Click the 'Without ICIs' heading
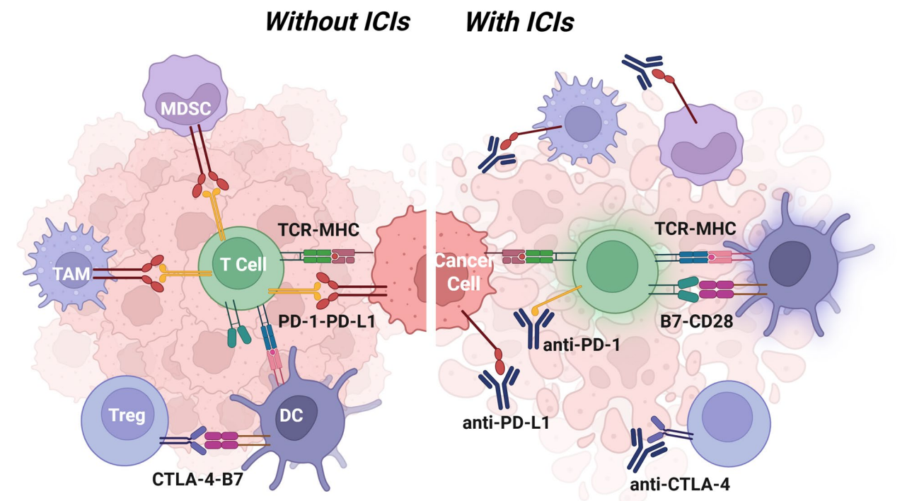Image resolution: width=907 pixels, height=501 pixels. (x=337, y=21)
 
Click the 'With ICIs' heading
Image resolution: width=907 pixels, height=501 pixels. (x=519, y=21)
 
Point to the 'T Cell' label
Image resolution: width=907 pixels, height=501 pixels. (x=243, y=265)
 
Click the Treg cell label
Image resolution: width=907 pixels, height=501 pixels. (x=127, y=415)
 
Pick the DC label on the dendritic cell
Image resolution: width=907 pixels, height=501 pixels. (x=291, y=416)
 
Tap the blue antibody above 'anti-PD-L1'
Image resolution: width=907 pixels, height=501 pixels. (x=499, y=384)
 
